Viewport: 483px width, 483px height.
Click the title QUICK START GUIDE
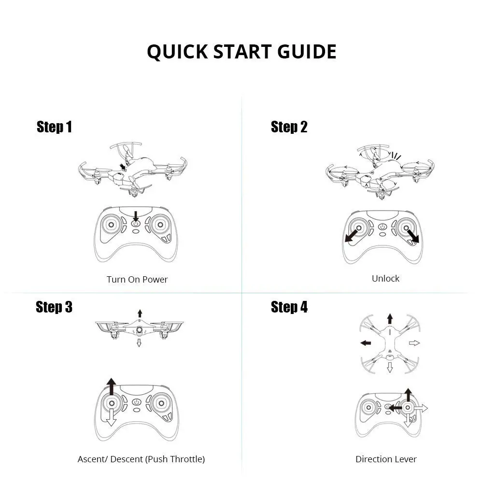[x=241, y=52]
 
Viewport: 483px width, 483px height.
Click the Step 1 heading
[x=54, y=127]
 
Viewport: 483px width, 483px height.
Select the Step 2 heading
[x=289, y=127]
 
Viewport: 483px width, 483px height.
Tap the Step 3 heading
[x=54, y=307]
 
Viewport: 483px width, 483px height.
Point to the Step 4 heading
[x=289, y=307]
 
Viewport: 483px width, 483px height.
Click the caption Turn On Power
[x=137, y=279]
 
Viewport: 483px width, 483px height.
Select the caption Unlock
[x=385, y=278]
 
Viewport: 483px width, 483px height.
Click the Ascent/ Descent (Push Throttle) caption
[x=141, y=459]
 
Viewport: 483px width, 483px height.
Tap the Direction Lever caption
[x=386, y=459]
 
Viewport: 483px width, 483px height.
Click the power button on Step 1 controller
[x=136, y=223]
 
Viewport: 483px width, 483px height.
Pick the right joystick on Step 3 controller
[x=160, y=403]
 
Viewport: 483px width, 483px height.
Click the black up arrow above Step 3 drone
[x=140, y=313]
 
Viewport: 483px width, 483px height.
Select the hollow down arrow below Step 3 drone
[x=139, y=342]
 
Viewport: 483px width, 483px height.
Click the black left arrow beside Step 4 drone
[x=366, y=343]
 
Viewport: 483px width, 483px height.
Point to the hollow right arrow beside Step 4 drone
[x=414, y=343]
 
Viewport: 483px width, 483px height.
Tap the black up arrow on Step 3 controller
[x=112, y=386]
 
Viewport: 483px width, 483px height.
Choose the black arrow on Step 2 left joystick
[x=352, y=235]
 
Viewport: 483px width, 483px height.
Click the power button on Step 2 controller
[x=383, y=227]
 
